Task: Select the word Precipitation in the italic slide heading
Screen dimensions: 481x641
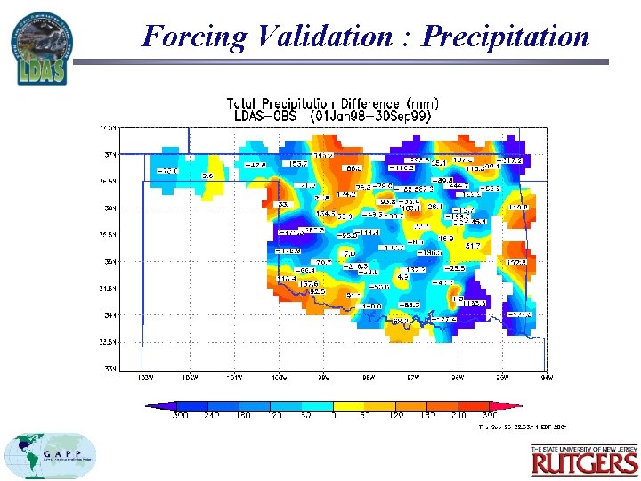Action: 505,37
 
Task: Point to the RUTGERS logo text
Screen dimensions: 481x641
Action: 584,462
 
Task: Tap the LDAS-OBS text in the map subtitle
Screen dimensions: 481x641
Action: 264,117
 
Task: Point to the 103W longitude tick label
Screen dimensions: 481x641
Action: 142,377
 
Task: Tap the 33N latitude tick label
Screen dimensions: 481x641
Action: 109,369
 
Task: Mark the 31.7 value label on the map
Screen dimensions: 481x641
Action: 473,245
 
